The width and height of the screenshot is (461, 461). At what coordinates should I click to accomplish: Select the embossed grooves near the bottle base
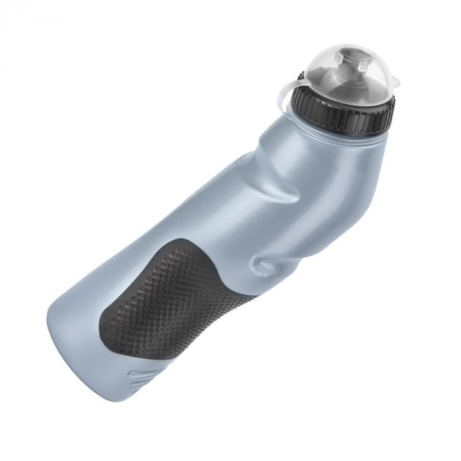tap(142, 379)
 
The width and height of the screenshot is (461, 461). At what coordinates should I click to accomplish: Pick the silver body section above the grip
tap(198, 217)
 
